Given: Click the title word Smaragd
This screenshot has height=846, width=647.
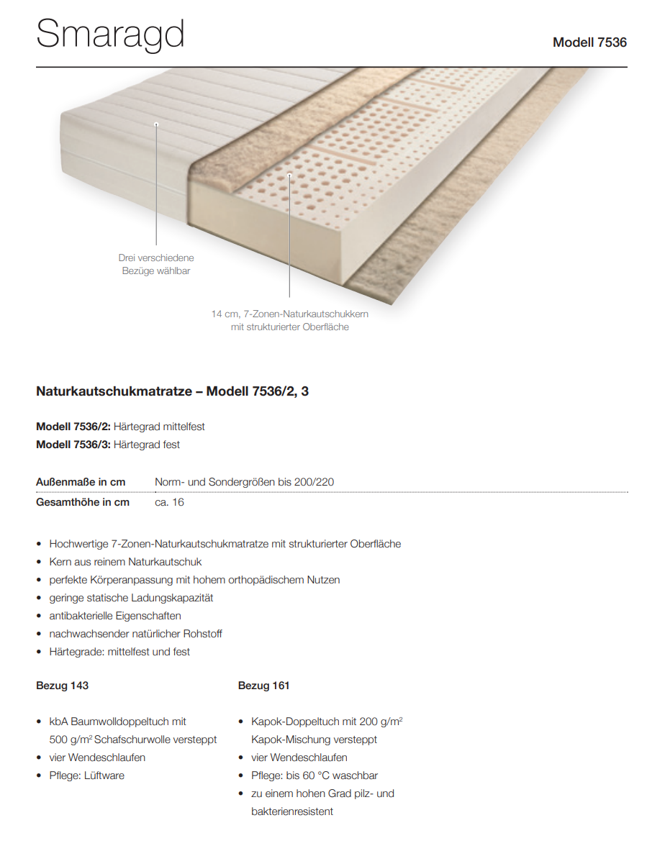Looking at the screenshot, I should coord(110,35).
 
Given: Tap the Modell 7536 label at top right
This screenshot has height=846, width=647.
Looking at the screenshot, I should coord(589,42).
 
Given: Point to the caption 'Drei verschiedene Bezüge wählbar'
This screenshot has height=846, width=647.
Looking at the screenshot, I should coord(156,264).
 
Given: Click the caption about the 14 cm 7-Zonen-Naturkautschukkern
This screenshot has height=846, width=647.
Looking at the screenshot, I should coord(289,320).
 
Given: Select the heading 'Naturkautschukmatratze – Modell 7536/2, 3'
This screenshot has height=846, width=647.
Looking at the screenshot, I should coord(173,391).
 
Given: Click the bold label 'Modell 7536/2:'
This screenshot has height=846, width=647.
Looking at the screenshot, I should coord(73,427).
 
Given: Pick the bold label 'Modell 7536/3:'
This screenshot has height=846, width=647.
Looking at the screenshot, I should coord(73,445).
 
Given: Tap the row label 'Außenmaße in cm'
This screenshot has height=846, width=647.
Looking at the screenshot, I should coord(81,482).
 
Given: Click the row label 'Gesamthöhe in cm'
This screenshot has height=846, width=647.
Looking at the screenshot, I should coord(83,502).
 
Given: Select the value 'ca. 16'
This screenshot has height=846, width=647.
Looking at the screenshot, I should coord(169,502).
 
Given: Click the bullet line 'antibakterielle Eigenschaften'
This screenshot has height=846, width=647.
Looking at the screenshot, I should coord(115,616).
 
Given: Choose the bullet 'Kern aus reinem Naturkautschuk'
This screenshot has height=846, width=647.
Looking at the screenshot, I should coord(125,562).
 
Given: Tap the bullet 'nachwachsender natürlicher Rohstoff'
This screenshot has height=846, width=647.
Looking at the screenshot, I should coord(135,634).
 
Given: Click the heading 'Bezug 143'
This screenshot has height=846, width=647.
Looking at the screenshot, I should coord(63,686).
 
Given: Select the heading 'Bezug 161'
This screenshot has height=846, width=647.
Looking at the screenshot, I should coord(264,686).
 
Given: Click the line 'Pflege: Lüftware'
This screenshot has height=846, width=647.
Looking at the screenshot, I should coord(86,775).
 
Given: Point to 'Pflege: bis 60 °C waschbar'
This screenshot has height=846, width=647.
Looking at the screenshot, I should coord(315,775).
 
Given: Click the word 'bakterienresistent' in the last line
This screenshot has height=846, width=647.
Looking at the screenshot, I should coord(292,811).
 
